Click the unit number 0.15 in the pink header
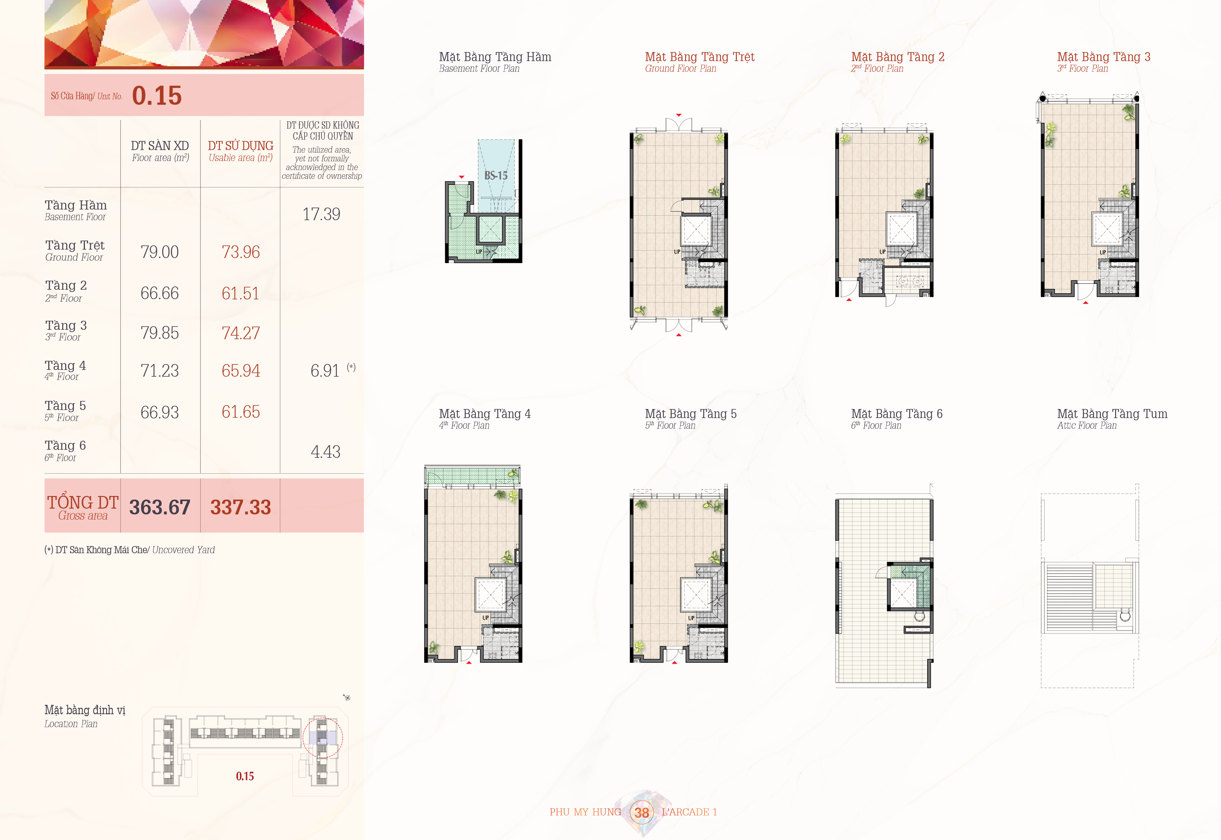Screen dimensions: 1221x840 tap(157, 96)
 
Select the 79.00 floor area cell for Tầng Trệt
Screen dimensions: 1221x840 tap(159, 252)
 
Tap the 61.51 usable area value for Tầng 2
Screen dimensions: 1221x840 tap(241, 293)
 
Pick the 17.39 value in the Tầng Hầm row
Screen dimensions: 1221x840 tap(321, 214)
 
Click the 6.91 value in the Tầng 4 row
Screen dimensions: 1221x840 tap(325, 370)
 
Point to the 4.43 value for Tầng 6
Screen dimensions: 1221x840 tap(325, 452)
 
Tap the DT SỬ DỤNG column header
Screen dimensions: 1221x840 tap(241, 146)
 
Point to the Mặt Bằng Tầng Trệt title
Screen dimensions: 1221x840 tap(699, 57)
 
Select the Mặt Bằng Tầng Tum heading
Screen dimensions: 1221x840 tap(1112, 414)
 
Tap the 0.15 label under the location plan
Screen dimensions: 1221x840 tap(245, 776)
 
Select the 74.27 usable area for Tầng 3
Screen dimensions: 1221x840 tap(241, 333)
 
